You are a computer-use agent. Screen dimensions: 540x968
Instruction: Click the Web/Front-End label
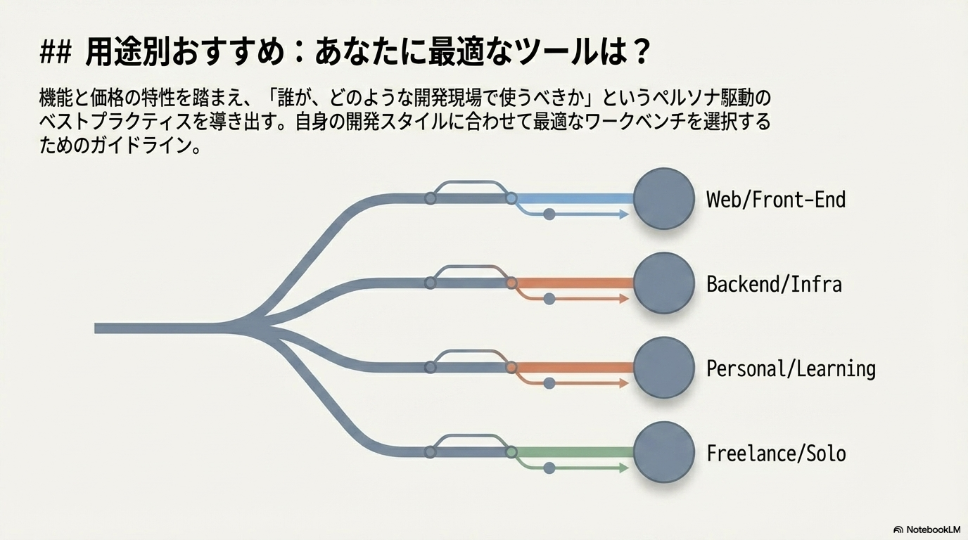click(776, 200)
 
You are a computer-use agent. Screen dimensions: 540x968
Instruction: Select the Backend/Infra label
click(774, 284)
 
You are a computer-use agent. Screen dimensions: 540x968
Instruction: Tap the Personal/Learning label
click(791, 368)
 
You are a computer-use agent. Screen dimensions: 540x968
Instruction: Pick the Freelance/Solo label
click(776, 453)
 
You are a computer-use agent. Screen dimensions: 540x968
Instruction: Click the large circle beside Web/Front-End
click(663, 199)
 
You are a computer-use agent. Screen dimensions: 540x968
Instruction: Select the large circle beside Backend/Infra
click(663, 283)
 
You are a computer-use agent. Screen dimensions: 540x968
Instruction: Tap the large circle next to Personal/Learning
click(663, 368)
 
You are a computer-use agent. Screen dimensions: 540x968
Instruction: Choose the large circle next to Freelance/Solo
click(663, 452)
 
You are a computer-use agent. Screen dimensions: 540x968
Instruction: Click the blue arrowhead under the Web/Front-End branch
click(624, 214)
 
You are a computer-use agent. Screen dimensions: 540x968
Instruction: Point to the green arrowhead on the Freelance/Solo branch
click(624, 468)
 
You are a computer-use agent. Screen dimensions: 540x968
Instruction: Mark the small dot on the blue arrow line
click(549, 214)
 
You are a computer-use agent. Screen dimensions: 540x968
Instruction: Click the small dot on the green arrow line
click(549, 468)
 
